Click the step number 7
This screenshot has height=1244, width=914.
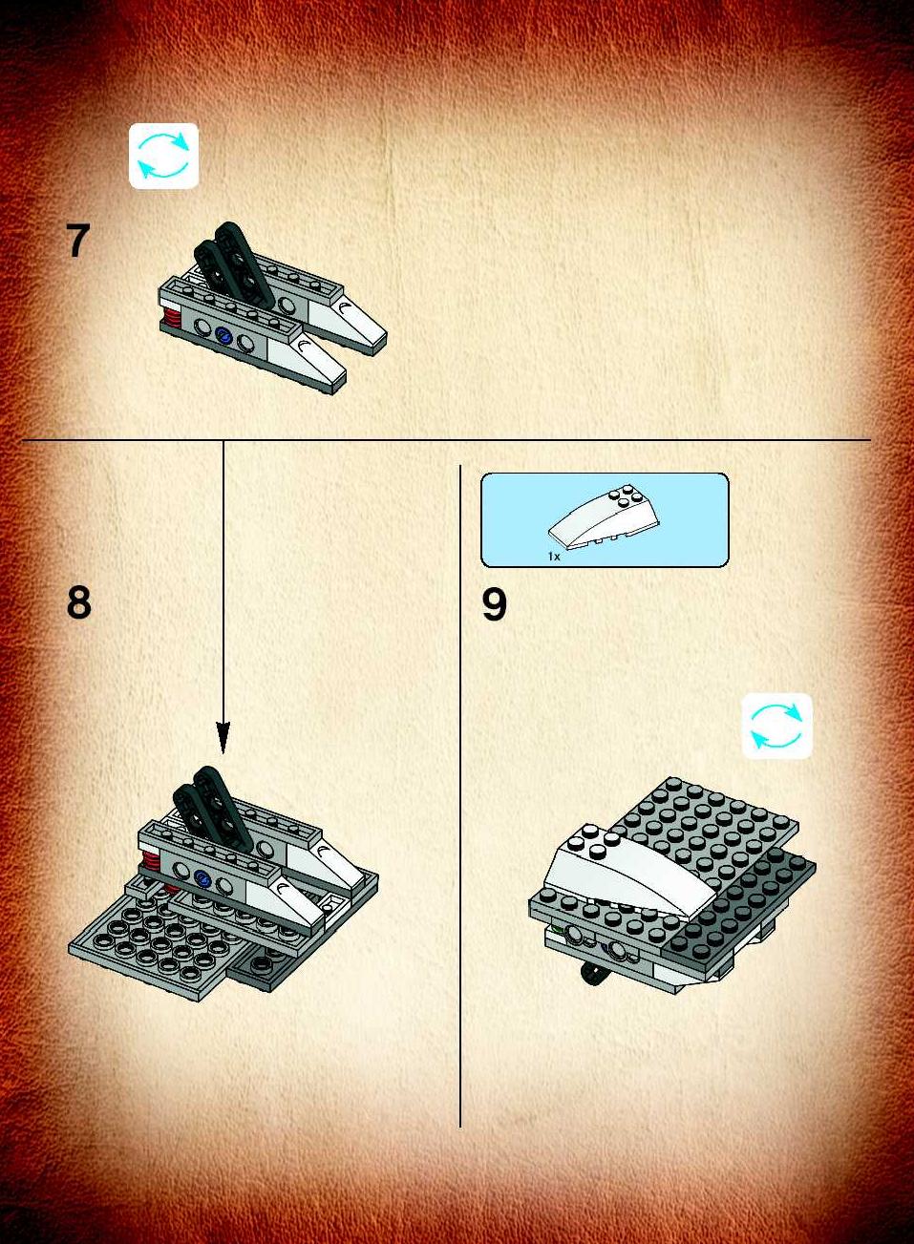77,241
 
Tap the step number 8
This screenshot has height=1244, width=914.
78,602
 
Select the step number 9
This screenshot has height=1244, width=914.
494,604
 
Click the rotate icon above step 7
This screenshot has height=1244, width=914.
163,156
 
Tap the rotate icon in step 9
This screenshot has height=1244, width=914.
776,726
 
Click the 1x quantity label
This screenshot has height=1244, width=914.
554,556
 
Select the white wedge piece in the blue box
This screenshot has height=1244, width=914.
596,520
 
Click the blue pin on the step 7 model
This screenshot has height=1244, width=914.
223,335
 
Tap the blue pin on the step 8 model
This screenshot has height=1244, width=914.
202,879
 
